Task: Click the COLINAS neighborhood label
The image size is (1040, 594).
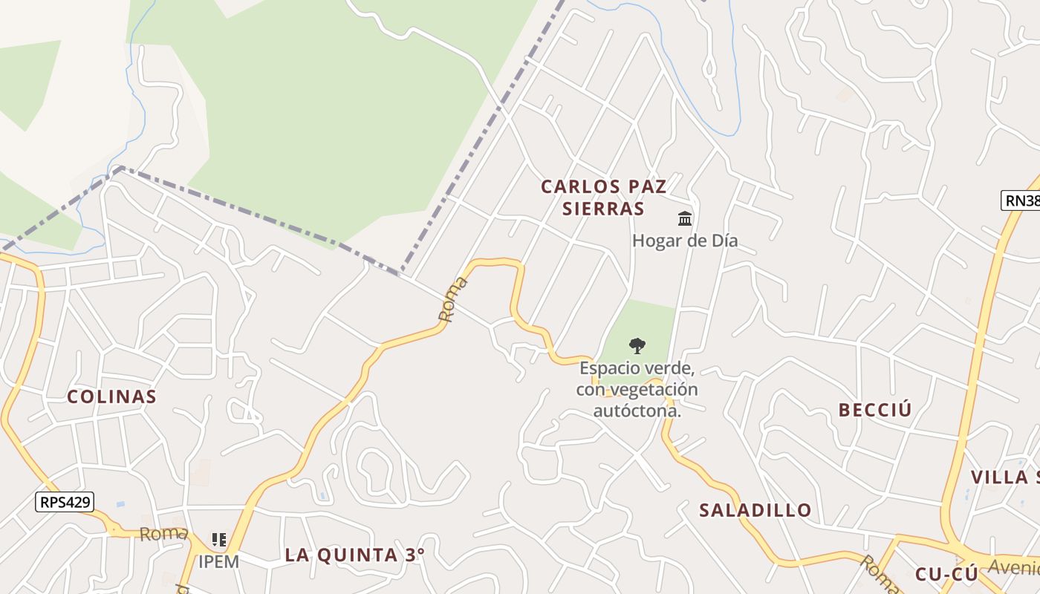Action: pyautogui.click(x=111, y=396)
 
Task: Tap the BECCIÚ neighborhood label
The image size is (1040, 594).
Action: pyautogui.click(x=875, y=410)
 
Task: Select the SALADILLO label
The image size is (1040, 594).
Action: pyautogui.click(x=755, y=510)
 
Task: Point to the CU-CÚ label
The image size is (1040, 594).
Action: pyautogui.click(x=946, y=574)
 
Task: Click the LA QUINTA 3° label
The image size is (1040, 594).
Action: pyautogui.click(x=355, y=555)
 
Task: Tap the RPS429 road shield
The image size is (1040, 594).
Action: pyautogui.click(x=65, y=502)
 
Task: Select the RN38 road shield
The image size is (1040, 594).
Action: pyautogui.click(x=1022, y=200)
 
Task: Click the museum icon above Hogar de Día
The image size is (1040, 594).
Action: pyautogui.click(x=685, y=218)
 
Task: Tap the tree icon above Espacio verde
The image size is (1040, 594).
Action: pyautogui.click(x=637, y=345)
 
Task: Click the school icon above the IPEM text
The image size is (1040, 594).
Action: pyautogui.click(x=218, y=539)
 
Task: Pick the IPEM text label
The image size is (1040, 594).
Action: pyautogui.click(x=218, y=561)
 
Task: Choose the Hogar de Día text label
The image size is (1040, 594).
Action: pyautogui.click(x=684, y=241)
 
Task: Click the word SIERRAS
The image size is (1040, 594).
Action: pyautogui.click(x=603, y=209)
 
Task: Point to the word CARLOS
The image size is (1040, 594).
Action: pyautogui.click(x=570, y=186)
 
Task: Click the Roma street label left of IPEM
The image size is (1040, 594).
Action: pyautogui.click(x=163, y=533)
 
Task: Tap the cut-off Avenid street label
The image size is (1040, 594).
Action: pyautogui.click(x=1013, y=567)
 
